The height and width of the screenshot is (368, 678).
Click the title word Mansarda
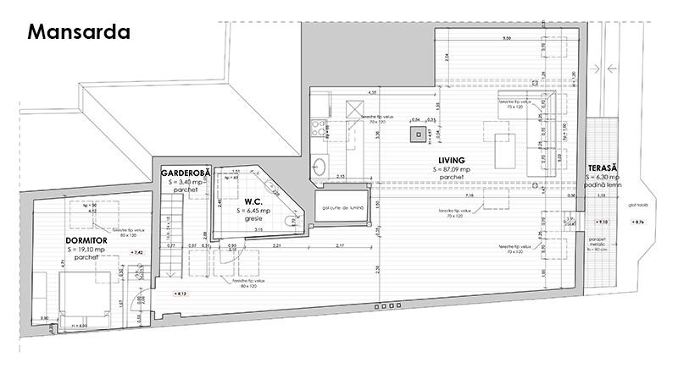78,33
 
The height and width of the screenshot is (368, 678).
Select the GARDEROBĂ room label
186,173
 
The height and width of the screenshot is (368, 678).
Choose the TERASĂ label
603,169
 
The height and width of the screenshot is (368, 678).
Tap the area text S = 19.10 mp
86,250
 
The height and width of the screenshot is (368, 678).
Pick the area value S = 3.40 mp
186,181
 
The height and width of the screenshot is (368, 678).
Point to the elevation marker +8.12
179,294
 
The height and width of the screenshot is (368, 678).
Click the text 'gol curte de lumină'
342,206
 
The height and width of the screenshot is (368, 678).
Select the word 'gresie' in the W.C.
254,218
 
